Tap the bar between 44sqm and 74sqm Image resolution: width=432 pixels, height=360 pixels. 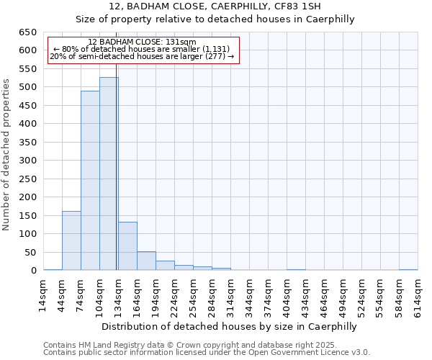tap(71, 240)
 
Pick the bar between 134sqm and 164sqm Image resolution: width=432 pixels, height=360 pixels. tap(127, 246)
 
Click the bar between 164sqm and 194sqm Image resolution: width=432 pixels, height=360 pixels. tap(146, 261)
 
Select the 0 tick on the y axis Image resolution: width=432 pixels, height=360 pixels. tap(32, 271)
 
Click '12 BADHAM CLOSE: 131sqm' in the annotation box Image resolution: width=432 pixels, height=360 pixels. tap(142, 42)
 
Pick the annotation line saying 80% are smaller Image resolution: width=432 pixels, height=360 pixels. tap(142, 49)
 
